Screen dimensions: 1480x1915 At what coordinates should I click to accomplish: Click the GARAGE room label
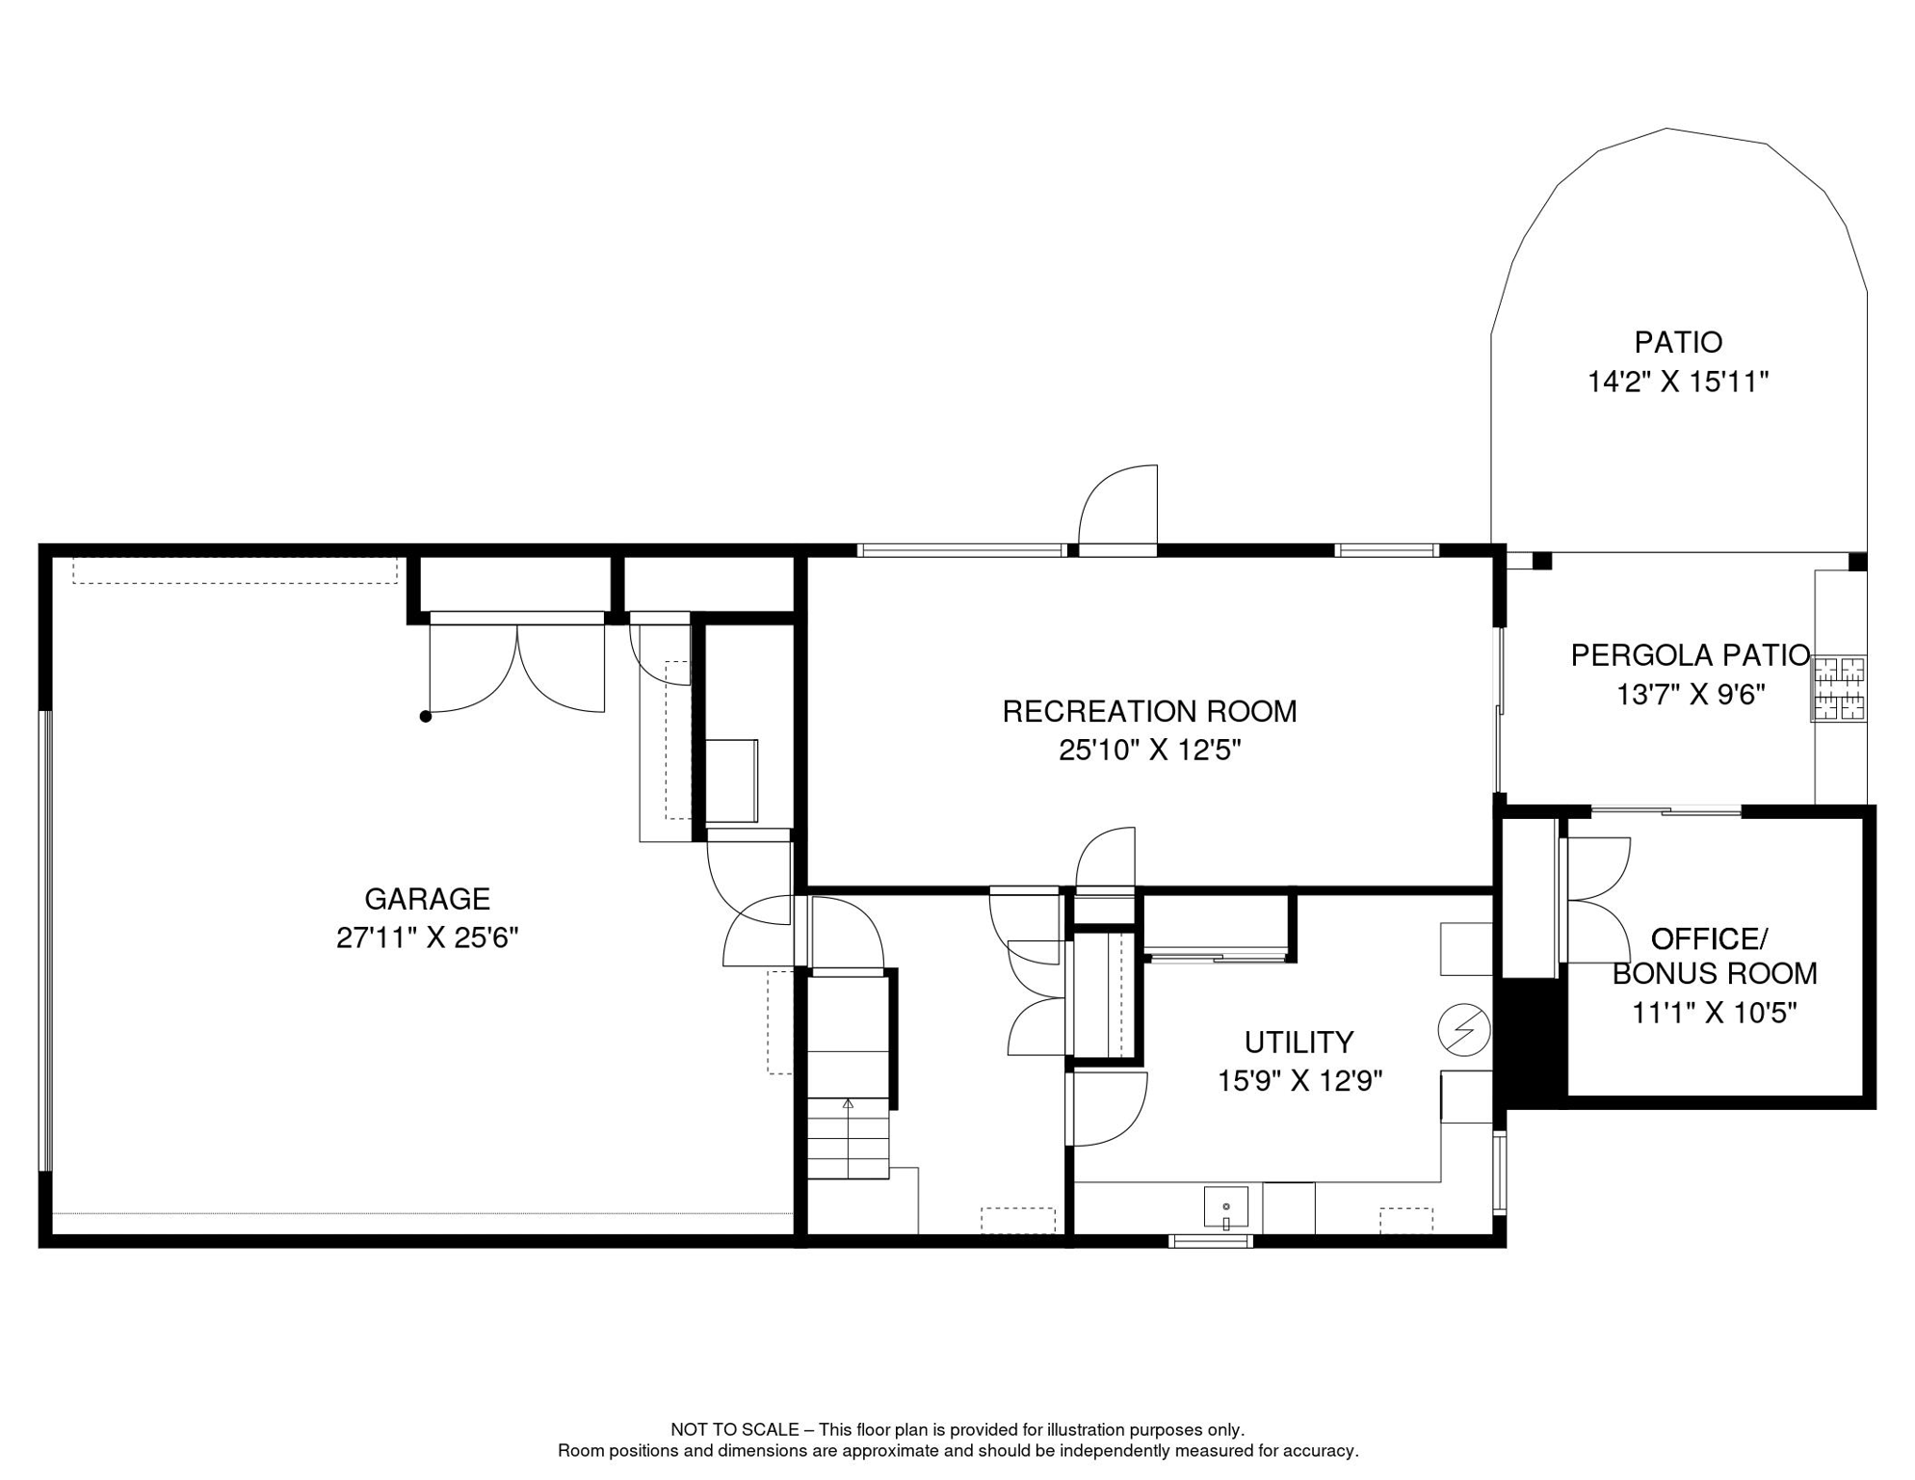pyautogui.click(x=427, y=899)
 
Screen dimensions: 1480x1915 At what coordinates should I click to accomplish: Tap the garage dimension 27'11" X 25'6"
pyautogui.click(x=427, y=938)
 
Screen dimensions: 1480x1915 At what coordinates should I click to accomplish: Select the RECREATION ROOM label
pyautogui.click(x=1149, y=712)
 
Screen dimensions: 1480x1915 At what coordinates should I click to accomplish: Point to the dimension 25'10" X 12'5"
pyautogui.click(x=1149, y=751)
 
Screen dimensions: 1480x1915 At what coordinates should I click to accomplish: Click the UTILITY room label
pyautogui.click(x=1299, y=1043)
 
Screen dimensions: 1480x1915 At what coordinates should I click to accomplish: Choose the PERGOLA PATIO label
pyautogui.click(x=1690, y=656)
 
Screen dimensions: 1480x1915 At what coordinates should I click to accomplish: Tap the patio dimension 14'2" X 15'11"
pyautogui.click(x=1678, y=383)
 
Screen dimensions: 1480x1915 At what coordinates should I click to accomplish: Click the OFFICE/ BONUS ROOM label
pyautogui.click(x=1714, y=956)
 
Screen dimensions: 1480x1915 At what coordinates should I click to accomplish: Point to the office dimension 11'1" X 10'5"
pyautogui.click(x=1714, y=1014)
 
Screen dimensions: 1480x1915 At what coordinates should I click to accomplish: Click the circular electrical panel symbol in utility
pyautogui.click(x=1463, y=1030)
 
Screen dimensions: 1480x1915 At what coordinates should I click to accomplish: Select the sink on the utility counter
pyautogui.click(x=1225, y=1208)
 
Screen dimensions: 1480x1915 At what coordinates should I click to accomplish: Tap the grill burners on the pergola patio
pyautogui.click(x=1839, y=689)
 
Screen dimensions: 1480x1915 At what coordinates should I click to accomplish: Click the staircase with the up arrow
pyautogui.click(x=848, y=1137)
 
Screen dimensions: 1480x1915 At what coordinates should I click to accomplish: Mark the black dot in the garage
pyautogui.click(x=426, y=717)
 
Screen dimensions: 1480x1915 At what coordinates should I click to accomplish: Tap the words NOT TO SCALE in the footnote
pyautogui.click(x=734, y=1430)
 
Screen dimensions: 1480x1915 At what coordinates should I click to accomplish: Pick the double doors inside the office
pyautogui.click(x=1597, y=900)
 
